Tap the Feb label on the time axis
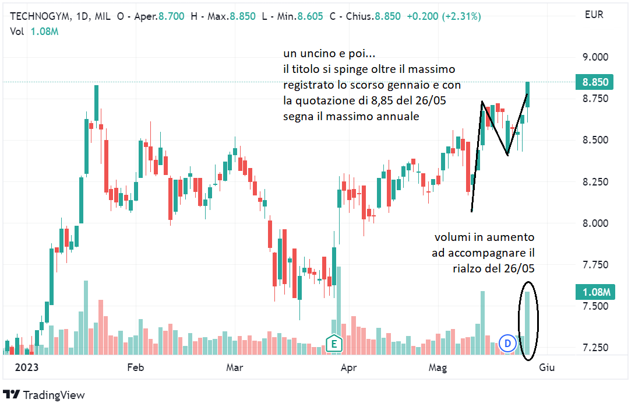(135, 367)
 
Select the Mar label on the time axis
(234, 367)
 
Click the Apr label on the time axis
(348, 367)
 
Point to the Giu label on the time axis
(546, 367)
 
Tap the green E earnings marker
(334, 344)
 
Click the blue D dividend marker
(507, 344)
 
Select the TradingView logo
(44, 395)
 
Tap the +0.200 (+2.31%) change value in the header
(444, 16)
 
